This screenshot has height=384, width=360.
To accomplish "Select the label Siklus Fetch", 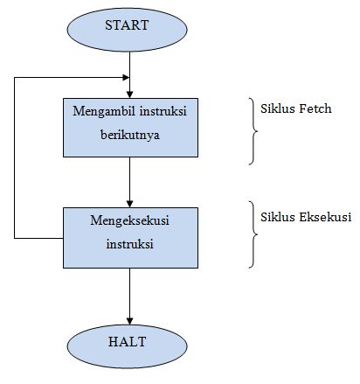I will [x=296, y=110].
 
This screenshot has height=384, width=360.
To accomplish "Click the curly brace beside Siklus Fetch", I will [x=253, y=130].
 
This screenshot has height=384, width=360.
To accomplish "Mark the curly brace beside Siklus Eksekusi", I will [x=253, y=236].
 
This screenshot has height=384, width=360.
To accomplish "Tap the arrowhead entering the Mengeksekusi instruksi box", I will [x=128, y=200].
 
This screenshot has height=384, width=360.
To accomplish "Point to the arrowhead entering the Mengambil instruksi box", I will [x=128, y=93].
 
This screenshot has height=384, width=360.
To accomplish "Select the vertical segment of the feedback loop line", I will [x=15, y=157].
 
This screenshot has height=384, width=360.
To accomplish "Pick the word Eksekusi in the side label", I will [x=325, y=215].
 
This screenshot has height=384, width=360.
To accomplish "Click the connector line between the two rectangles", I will [x=128, y=179].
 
